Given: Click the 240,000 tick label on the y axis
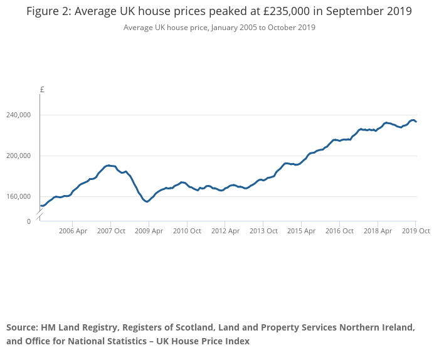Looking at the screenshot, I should tap(18, 115).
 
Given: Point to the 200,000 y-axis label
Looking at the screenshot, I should tap(18, 156).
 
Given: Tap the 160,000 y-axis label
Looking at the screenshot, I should tap(18, 196).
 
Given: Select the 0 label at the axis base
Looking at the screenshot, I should tap(28, 221).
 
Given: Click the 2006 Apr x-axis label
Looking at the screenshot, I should tap(73, 231).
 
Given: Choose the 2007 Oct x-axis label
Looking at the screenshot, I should tap(110, 231).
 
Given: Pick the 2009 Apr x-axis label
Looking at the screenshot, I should tap(149, 231).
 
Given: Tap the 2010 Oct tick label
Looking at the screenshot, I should tap(187, 231).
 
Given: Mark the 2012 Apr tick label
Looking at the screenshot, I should tap(225, 231).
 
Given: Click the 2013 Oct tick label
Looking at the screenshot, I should tap(263, 231).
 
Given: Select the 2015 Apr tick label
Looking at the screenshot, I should tap(301, 231).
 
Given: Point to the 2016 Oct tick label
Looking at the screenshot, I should tap(339, 231).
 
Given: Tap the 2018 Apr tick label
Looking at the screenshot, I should tap(378, 231).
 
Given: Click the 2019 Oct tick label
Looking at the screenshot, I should tap(416, 231).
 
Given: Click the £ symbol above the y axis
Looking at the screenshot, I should tap(42, 90).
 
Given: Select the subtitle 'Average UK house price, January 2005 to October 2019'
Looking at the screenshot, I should tap(219, 28).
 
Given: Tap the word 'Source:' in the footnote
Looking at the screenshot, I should tap(22, 327).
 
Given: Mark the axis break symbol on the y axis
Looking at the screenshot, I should tap(40, 216).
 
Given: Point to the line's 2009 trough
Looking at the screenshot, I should tap(147, 202).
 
